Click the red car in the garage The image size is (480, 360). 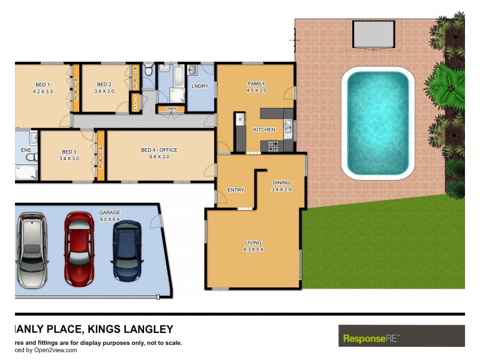pos(79,248)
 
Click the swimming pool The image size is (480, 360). pos(375,124)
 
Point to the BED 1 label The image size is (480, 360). pos(42,85)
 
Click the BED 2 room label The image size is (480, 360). pos(104,85)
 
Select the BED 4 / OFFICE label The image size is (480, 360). pos(159,150)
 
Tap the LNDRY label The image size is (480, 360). pos(200,86)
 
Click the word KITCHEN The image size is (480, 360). pos(264,130)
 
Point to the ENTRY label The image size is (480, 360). pos(236,190)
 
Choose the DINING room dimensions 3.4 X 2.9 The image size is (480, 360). pos(281,190)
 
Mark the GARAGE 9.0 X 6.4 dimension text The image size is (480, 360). pos(110,219)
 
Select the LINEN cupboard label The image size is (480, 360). pos(170,109)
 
